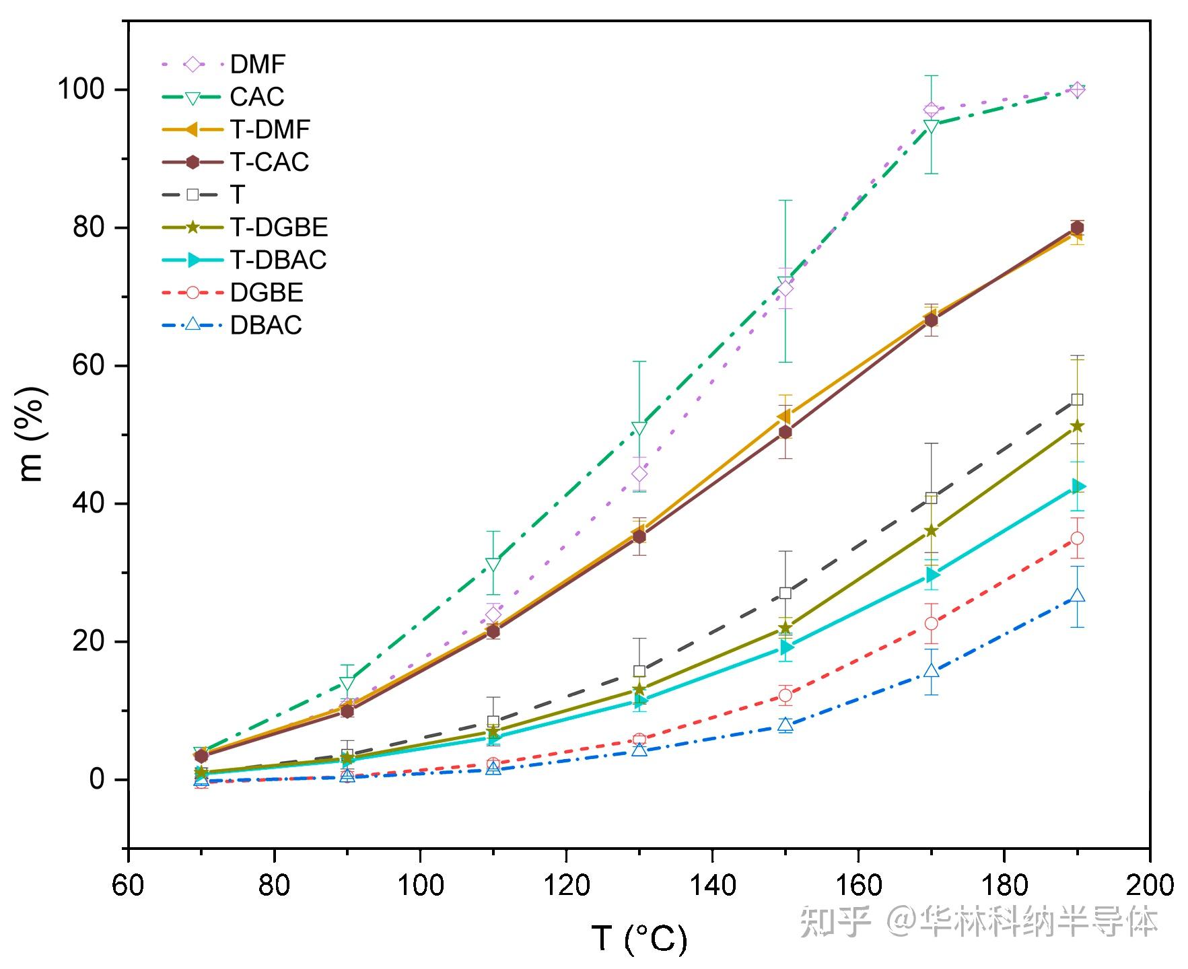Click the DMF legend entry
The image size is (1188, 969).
[258, 65]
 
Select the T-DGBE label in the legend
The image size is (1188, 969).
[279, 227]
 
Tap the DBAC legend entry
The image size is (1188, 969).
[266, 326]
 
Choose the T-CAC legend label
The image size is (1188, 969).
[269, 162]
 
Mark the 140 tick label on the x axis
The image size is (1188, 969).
[712, 886]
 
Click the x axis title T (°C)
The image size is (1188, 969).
[639, 938]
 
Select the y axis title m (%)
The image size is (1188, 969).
[32, 434]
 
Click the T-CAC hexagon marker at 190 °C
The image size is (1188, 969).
[1077, 227]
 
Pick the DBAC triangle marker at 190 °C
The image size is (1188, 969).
[1077, 596]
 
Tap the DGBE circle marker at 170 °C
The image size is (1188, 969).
[931, 623]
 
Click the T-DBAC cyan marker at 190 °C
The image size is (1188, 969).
[1078, 487]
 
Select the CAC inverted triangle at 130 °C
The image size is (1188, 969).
[639, 428]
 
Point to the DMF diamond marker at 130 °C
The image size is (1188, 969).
[639, 474]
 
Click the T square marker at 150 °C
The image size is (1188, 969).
[785, 593]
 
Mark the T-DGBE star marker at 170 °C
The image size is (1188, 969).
[931, 531]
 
